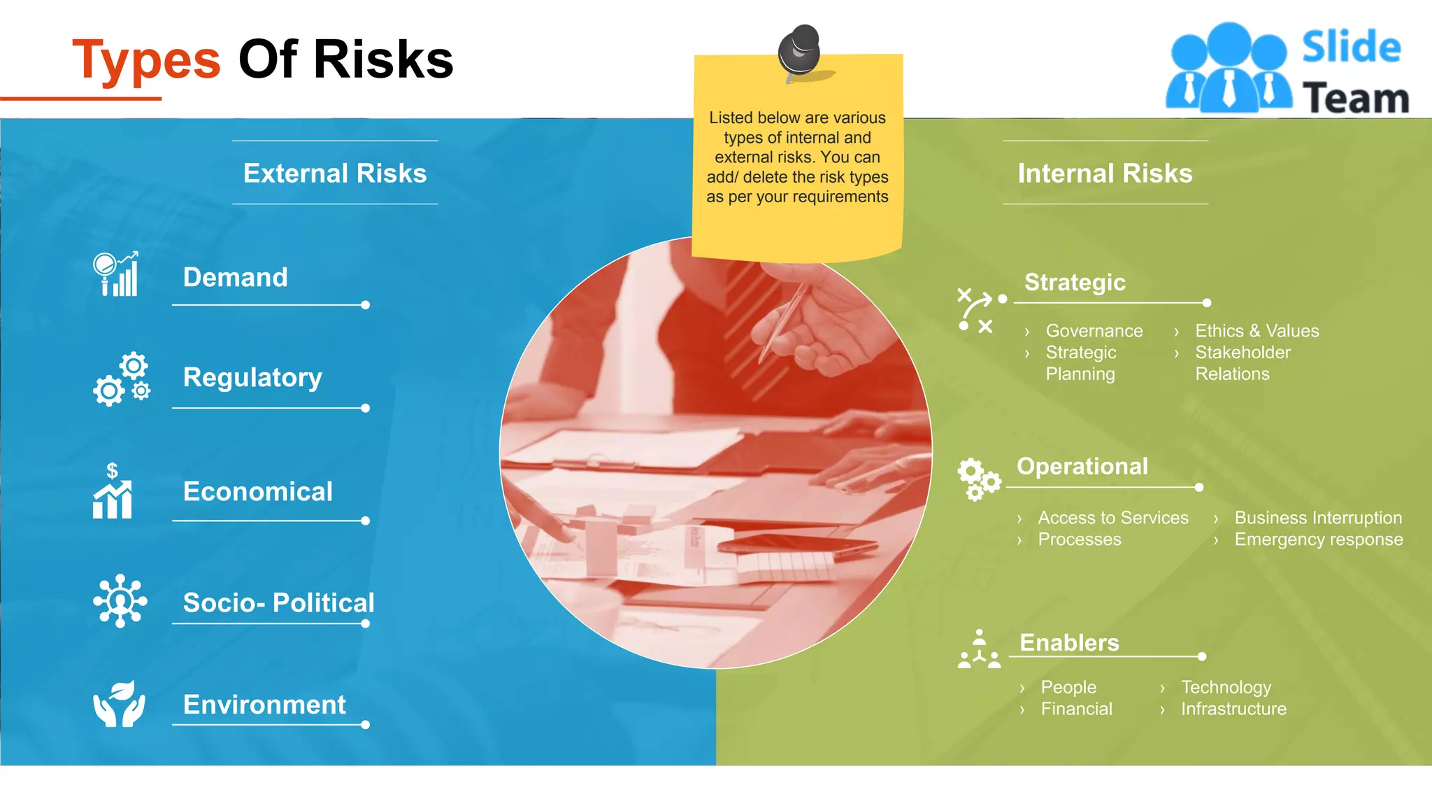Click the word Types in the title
click(x=146, y=60)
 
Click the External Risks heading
click(x=335, y=173)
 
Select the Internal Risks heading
click(x=1105, y=173)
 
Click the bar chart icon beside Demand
click(x=116, y=274)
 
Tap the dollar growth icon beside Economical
click(x=113, y=491)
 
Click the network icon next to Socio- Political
click(x=120, y=601)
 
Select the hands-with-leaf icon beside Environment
click(x=120, y=704)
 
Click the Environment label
click(x=264, y=705)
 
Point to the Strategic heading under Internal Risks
click(x=1075, y=282)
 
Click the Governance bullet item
click(x=1094, y=331)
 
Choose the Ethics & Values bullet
click(x=1256, y=331)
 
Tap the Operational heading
click(x=1082, y=466)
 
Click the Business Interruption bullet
click(x=1318, y=518)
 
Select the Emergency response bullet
click(x=1318, y=539)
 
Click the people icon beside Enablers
click(x=979, y=649)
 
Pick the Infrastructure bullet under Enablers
click(x=1233, y=709)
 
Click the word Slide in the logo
click(x=1351, y=48)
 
